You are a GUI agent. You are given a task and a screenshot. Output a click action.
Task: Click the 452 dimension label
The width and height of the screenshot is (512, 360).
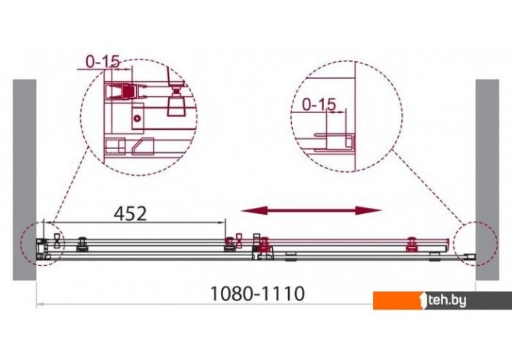[x=130, y=214]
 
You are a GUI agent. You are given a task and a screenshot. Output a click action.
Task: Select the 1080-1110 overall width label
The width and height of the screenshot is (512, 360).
[x=258, y=294]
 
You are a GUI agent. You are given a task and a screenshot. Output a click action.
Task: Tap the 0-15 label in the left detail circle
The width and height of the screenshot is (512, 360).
[x=103, y=61]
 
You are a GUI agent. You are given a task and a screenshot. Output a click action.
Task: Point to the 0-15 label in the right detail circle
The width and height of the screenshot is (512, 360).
[x=319, y=105]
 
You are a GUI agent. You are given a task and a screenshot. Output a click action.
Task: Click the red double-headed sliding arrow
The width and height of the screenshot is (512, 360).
[x=311, y=211]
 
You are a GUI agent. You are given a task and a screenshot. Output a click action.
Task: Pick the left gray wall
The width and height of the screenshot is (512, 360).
[x=24, y=180]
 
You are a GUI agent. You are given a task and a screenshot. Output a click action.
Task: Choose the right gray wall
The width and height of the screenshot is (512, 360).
[x=488, y=180]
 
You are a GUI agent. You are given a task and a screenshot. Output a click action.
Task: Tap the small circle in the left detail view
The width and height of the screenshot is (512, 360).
[x=138, y=118]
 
